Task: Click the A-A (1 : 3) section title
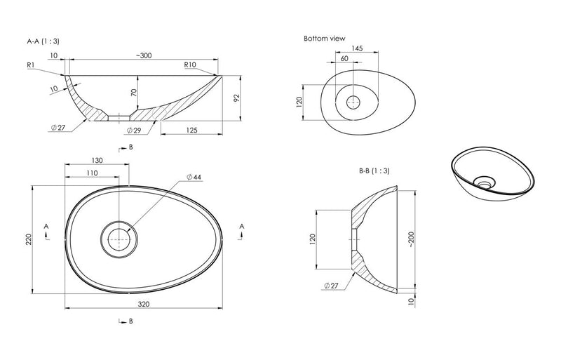pos(43,41)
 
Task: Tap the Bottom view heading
pos(325,39)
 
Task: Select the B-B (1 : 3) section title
pos(374,171)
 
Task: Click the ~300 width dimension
pos(144,55)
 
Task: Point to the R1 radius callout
pos(30,65)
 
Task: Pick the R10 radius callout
pos(190,65)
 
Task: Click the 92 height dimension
pos(236,98)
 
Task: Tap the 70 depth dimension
pos(134,93)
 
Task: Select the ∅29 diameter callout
pos(134,131)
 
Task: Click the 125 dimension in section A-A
pos(191,130)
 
